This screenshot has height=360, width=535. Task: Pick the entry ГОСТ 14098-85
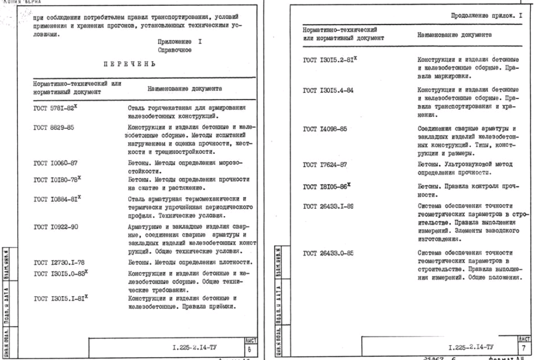point(327,129)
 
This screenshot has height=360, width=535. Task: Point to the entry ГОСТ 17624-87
point(327,164)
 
